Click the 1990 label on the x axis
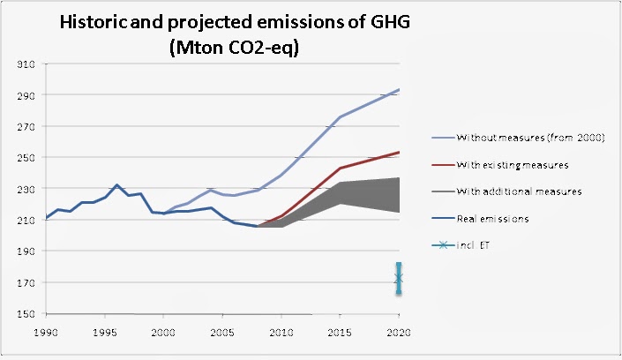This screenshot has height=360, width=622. pyautogui.click(x=46, y=332)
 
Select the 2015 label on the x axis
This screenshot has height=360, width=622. pyautogui.click(x=341, y=332)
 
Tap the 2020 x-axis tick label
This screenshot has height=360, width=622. pyautogui.click(x=399, y=332)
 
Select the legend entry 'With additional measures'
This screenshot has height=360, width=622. pyautogui.click(x=519, y=191)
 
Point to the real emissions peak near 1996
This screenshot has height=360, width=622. pyautogui.click(x=116, y=185)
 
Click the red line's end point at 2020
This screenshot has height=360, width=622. pyautogui.click(x=399, y=153)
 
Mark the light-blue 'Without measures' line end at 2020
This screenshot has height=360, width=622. pyautogui.click(x=399, y=90)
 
